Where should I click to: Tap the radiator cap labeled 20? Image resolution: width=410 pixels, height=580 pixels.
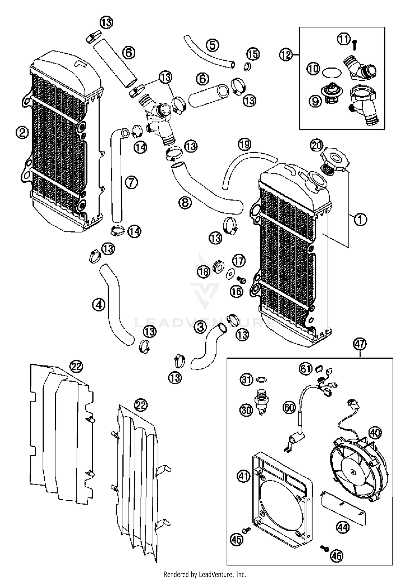click(335, 161)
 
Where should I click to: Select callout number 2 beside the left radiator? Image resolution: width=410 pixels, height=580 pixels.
click(22, 133)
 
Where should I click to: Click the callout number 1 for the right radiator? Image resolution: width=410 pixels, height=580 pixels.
click(360, 219)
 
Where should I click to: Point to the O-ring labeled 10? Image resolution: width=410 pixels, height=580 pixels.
click(332, 73)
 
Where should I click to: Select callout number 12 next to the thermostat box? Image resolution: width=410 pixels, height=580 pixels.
click(286, 55)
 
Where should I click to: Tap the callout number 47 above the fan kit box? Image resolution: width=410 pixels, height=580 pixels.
click(360, 344)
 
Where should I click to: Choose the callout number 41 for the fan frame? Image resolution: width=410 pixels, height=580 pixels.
click(243, 476)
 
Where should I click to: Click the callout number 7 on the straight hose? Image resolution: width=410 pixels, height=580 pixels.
click(131, 182)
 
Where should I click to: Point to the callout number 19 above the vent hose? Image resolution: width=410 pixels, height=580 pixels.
click(244, 144)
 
